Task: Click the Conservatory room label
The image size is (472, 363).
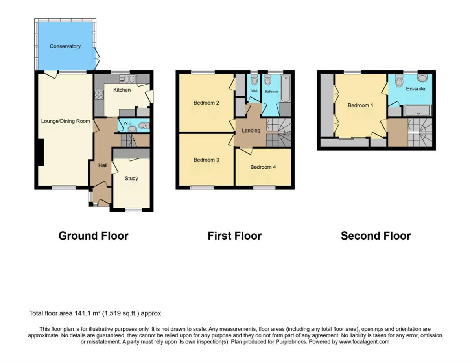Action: (x=65, y=46)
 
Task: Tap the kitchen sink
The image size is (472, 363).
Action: (x=128, y=80)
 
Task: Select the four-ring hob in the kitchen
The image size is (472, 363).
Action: (x=99, y=94)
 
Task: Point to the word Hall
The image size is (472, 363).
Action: (x=103, y=165)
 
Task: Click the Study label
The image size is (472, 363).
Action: (x=131, y=178)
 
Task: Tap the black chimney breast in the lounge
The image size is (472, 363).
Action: (x=40, y=153)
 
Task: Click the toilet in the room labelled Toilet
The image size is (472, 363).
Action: (x=254, y=81)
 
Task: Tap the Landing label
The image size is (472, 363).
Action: (x=251, y=131)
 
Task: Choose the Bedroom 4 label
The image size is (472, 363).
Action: (x=263, y=167)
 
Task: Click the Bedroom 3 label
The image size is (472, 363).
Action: (x=206, y=160)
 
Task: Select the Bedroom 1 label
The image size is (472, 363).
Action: (x=358, y=105)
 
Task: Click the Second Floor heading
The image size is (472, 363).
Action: (x=376, y=236)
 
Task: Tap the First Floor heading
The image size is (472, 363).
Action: (x=234, y=236)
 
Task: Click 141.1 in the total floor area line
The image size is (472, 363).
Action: (x=82, y=313)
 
